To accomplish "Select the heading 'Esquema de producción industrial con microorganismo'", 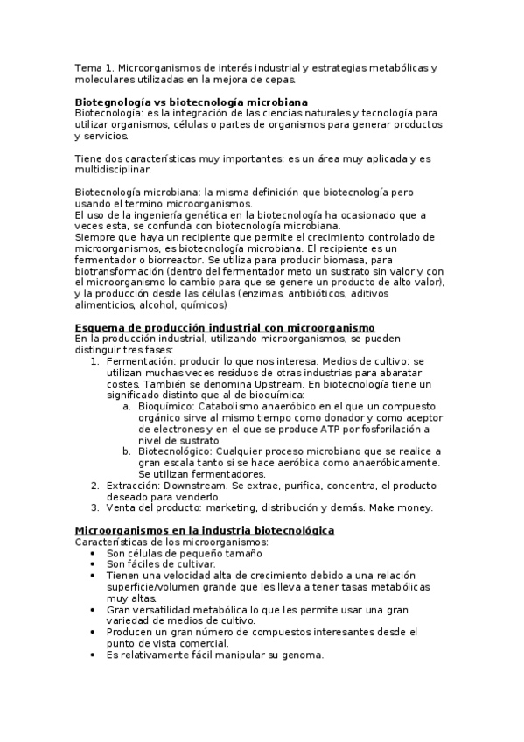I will (224, 327).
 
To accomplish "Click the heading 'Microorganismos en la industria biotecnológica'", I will (204, 530).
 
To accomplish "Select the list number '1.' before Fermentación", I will (95, 360).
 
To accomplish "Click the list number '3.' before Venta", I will (95, 507).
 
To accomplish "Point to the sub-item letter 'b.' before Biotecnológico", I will (127, 451).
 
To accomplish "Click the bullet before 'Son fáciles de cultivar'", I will (94, 564).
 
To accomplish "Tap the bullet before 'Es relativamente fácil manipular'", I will (94, 655).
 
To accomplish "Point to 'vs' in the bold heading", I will (156, 101).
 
